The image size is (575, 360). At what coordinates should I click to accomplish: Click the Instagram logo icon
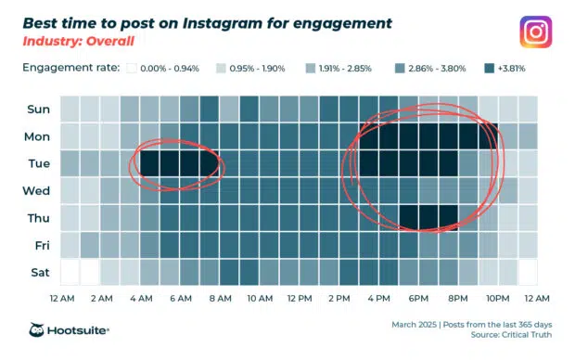click(x=536, y=32)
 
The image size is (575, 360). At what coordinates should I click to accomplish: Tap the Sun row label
click(x=38, y=109)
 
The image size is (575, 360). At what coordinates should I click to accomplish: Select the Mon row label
click(x=38, y=135)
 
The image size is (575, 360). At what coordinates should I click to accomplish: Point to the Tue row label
click(x=38, y=163)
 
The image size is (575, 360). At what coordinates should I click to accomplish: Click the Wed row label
click(x=38, y=190)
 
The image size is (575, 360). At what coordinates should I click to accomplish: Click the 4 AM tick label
click(x=141, y=298)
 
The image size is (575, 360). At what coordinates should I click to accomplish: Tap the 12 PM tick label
click(x=299, y=298)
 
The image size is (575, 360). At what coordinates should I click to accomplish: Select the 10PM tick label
click(x=497, y=298)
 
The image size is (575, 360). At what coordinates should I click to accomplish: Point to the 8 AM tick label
click(x=220, y=298)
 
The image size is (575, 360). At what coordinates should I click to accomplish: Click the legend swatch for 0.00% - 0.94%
click(x=132, y=69)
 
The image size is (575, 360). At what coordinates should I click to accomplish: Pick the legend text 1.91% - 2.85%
click(x=351, y=69)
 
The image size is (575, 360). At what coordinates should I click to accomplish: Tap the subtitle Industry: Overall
click(x=79, y=43)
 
